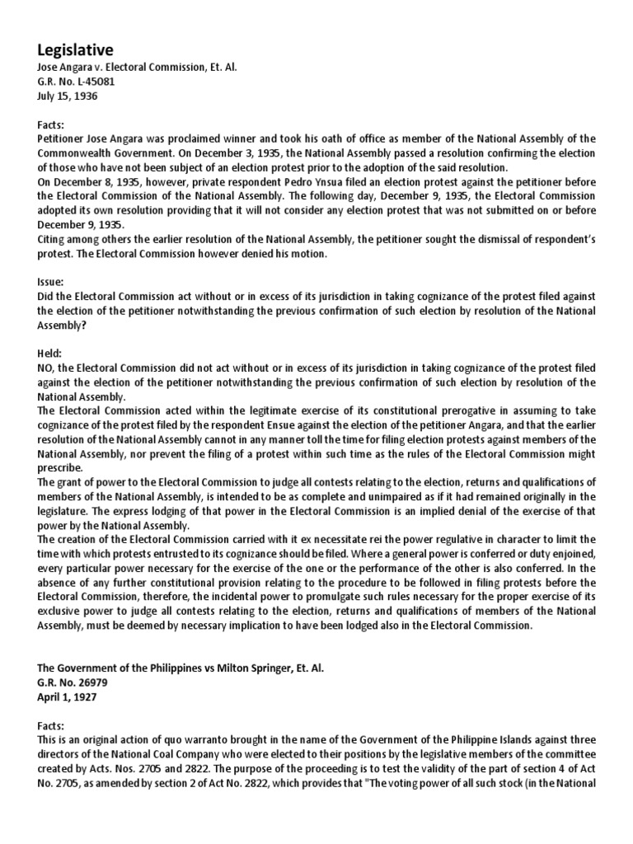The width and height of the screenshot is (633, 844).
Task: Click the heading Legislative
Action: pyautogui.click(x=75, y=50)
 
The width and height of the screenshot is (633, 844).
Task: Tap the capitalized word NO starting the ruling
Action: pyautogui.click(x=47, y=367)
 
